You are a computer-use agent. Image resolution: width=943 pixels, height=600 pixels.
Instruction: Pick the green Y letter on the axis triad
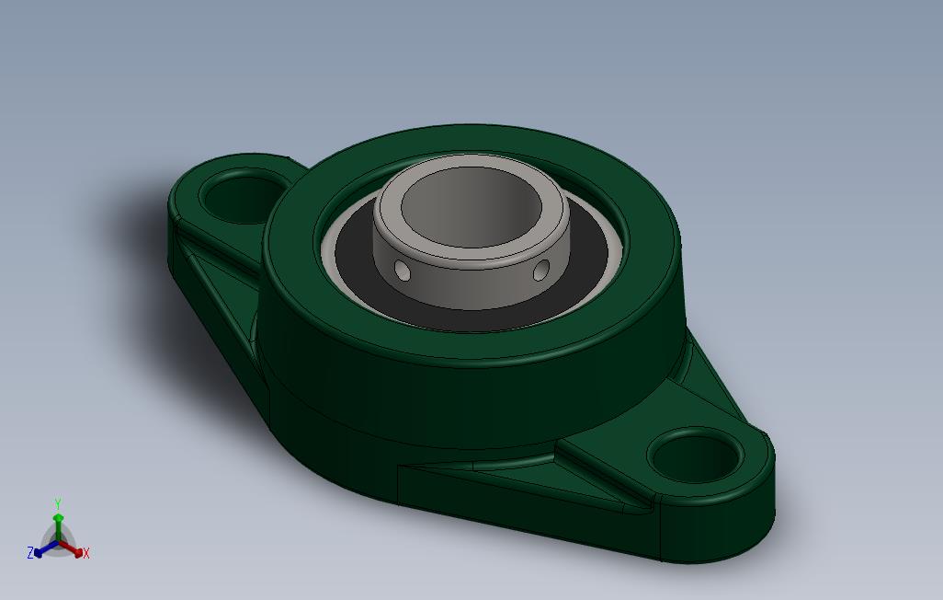57,503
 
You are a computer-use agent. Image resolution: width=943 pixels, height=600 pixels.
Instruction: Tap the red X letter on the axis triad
85,553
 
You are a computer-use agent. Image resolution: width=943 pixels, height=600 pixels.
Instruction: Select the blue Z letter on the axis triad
30,553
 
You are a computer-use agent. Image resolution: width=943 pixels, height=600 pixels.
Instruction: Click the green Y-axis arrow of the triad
57,525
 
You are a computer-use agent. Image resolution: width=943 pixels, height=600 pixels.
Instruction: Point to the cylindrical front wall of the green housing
460,396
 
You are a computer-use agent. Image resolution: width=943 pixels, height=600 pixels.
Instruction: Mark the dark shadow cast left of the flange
138,221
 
